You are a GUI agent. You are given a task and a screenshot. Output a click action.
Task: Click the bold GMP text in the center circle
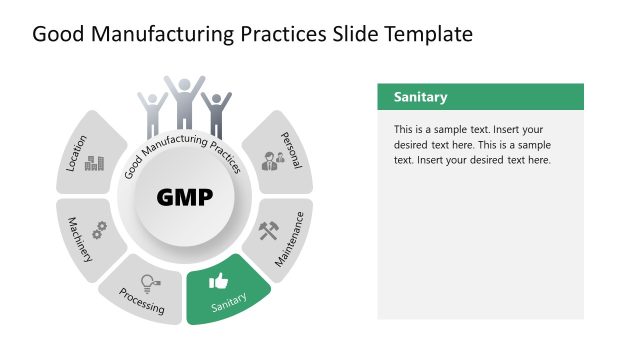[185, 197]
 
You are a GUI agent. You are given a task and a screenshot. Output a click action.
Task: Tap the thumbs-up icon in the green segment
[218, 282]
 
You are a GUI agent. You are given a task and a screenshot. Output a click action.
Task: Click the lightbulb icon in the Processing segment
[149, 283]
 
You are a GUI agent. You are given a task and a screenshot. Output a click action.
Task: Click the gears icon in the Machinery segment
[99, 229]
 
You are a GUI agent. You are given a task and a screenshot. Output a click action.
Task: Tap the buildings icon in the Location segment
[94, 163]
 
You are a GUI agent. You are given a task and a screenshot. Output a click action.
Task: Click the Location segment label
[77, 153]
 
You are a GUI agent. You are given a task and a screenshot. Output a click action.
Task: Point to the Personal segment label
[291, 149]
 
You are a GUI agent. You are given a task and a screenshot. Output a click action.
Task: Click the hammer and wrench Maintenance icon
[270, 231]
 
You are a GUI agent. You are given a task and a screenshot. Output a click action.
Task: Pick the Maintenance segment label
[290, 243]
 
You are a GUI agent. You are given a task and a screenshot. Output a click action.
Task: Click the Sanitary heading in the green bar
[420, 97]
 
